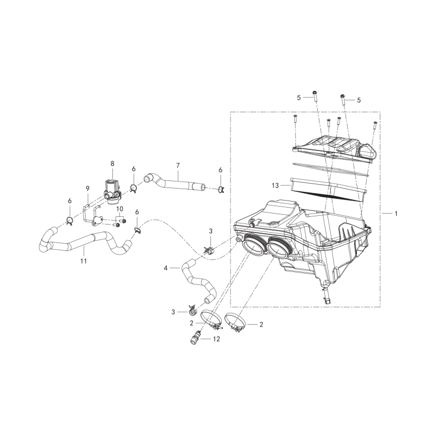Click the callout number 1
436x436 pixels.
pos(396,214)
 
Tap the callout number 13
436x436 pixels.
pos(275,185)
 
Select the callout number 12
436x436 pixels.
pos(216,339)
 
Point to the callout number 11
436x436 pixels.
pos(83,261)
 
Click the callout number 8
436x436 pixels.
pos(112,163)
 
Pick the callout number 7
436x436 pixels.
pos(178,166)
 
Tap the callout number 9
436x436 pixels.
pos(88,189)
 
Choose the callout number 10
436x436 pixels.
pos(120,209)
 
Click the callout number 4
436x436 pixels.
pos(166,268)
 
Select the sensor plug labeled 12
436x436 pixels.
pos(195,337)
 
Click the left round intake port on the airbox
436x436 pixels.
pos(253,245)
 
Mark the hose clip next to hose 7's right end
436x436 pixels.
pos(221,190)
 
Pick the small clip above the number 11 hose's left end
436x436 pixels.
pos(70,221)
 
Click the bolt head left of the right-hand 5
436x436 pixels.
pos(343,96)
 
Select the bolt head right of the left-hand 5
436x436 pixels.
pos(314,92)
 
